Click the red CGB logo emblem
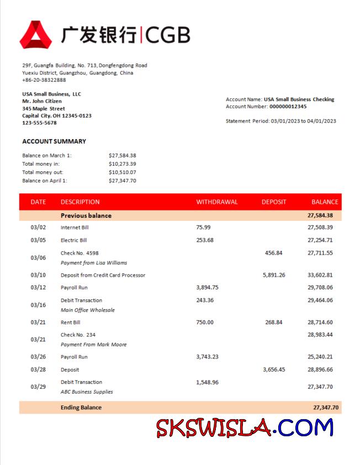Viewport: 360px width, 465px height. [x=36, y=34]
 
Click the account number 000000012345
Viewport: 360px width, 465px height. [x=288, y=107]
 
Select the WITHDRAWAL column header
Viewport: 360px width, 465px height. [x=217, y=202]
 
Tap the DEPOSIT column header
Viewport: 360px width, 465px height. [x=274, y=202]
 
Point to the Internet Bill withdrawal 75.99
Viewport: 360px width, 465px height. [x=203, y=228]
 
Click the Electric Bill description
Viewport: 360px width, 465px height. [x=73, y=240]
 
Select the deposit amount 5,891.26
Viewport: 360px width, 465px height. [x=274, y=275]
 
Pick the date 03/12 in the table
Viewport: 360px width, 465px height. [x=38, y=288]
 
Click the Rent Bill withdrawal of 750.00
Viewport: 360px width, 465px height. [x=205, y=323]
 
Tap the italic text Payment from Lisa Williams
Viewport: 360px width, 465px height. [x=93, y=263]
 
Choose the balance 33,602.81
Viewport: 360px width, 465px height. [x=320, y=275]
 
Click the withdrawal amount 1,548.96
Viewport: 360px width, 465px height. [x=207, y=382]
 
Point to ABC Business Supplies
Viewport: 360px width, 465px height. [x=87, y=392]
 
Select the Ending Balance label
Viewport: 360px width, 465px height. [x=81, y=408]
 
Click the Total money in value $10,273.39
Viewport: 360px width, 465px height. [x=123, y=164]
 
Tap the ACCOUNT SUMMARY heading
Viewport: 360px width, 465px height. [x=54, y=141]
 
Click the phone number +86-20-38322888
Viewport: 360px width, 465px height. [x=44, y=80]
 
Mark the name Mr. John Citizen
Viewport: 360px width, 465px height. [x=42, y=102]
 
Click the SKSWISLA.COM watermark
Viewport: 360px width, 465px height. [x=245, y=428]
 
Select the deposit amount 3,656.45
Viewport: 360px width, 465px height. [x=274, y=370]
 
